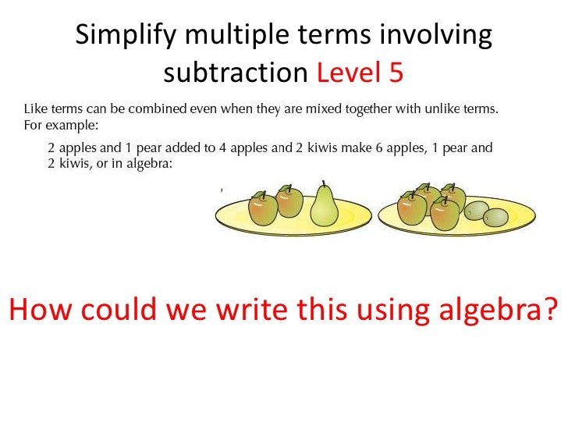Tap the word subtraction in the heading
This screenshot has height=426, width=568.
click(x=236, y=73)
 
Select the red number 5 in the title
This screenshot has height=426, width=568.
click(x=394, y=73)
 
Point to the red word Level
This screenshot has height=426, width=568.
click(x=347, y=73)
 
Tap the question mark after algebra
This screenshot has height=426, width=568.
click(x=551, y=311)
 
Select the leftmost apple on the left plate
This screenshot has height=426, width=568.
click(x=263, y=210)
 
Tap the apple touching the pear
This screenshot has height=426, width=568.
click(x=289, y=202)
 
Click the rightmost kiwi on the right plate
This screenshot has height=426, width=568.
click(x=496, y=217)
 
